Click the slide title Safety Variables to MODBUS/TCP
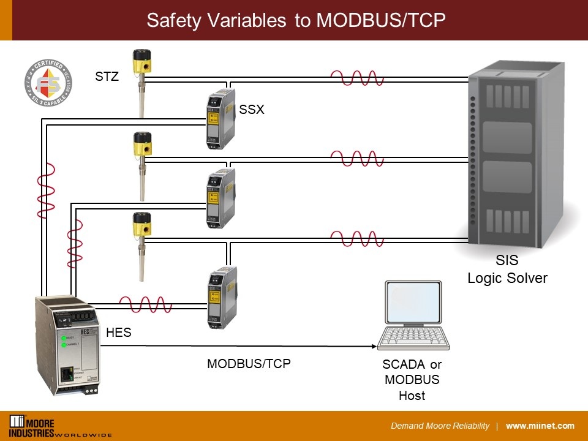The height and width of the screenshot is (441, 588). [x=295, y=20]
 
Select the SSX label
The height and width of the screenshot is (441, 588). [x=251, y=110]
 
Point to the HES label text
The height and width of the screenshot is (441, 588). [x=118, y=333]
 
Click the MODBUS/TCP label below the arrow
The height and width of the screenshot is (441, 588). [x=249, y=363]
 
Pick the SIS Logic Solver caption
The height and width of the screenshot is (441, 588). [x=507, y=270]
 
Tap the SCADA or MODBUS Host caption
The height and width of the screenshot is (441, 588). [x=412, y=380]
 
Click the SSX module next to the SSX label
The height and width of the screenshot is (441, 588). [x=221, y=119]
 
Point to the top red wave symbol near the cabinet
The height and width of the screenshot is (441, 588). [x=357, y=78]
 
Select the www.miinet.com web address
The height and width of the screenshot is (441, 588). [x=540, y=426]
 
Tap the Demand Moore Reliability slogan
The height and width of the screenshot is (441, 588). [x=440, y=426]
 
